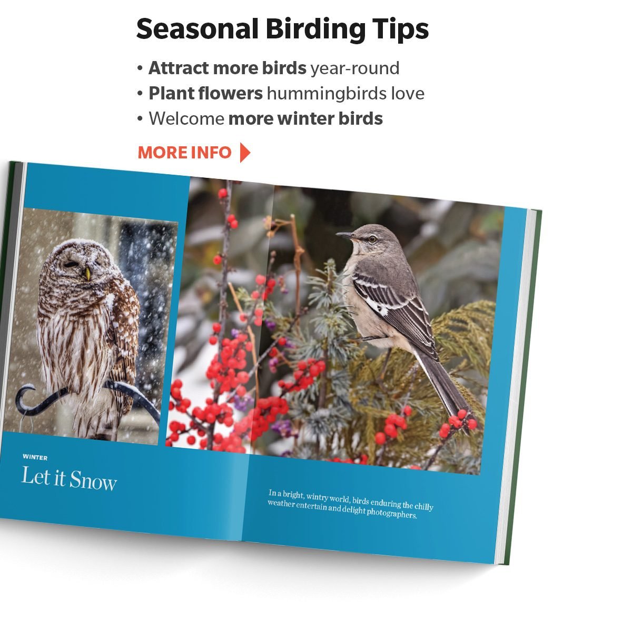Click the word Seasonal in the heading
(197, 29)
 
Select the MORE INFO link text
(185, 153)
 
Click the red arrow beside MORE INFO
(245, 153)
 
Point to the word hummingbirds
(327, 94)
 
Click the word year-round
(355, 68)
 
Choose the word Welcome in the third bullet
(186, 118)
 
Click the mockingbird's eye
(372, 239)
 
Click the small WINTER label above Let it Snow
(35, 457)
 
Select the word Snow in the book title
(93, 480)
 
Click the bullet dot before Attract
(140, 68)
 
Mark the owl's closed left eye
(71, 264)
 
